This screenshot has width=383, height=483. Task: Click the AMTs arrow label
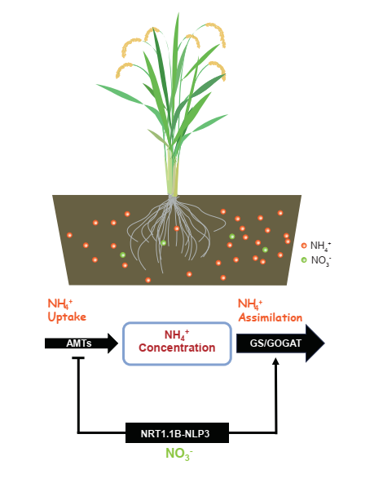[79, 343]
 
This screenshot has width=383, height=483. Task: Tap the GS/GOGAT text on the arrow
[275, 343]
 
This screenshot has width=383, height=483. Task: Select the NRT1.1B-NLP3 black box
[177, 432]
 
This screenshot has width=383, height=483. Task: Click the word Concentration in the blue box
[177, 348]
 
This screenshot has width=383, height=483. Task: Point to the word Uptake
[67, 317]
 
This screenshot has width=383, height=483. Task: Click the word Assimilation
[271, 317]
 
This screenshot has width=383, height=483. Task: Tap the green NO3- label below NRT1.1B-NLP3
[179, 454]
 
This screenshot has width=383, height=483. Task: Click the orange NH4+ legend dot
[304, 246]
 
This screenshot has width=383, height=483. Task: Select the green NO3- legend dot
[304, 260]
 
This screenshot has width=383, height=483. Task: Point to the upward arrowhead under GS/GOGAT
[276, 361]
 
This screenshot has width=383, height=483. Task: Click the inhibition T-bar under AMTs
[78, 358]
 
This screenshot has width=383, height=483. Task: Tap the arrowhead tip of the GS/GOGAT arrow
[324, 343]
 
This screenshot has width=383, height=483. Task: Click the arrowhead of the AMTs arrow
[112, 343]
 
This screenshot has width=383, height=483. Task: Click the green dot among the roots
[163, 243]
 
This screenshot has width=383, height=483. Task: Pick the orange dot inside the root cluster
[177, 228]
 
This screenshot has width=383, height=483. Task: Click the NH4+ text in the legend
[320, 246]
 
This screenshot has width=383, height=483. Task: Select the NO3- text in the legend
[320, 260]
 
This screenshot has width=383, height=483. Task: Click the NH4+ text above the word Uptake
[60, 304]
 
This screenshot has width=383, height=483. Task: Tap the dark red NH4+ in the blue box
[177, 335]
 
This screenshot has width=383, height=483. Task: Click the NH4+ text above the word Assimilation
[250, 304]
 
